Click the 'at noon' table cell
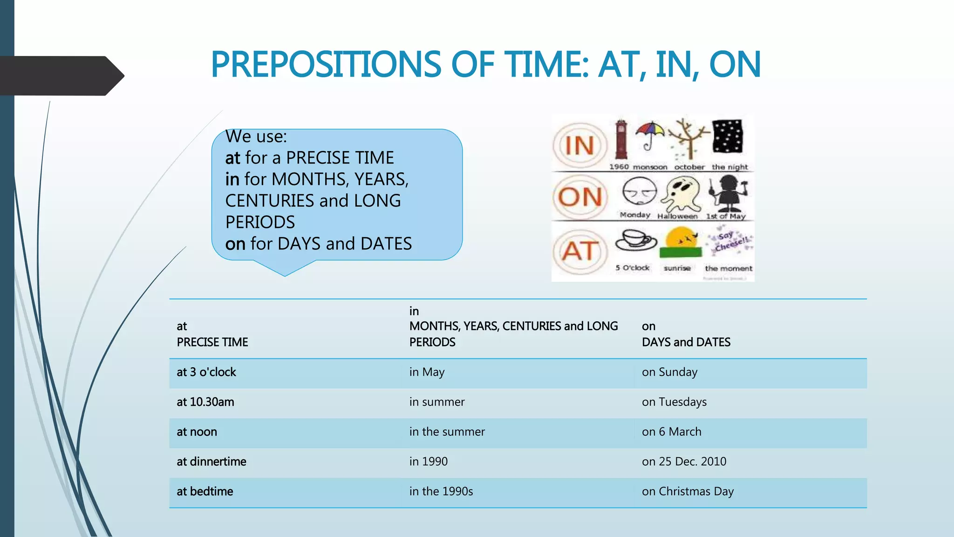[197, 432]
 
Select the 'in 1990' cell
[428, 461]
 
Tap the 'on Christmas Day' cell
[688, 491]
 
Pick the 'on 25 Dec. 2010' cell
[684, 461]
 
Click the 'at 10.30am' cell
[205, 402]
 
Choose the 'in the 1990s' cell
[441, 491]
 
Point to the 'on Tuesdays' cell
[674, 402]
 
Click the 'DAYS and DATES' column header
[686, 342]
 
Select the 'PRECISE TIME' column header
[212, 342]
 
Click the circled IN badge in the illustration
[580, 145]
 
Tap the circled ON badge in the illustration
[580, 197]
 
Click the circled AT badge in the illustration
[580, 251]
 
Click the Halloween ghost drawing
[681, 193]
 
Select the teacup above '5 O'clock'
[635, 241]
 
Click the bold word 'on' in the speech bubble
[235, 244]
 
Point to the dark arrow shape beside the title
[61, 76]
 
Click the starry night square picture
[727, 137]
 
